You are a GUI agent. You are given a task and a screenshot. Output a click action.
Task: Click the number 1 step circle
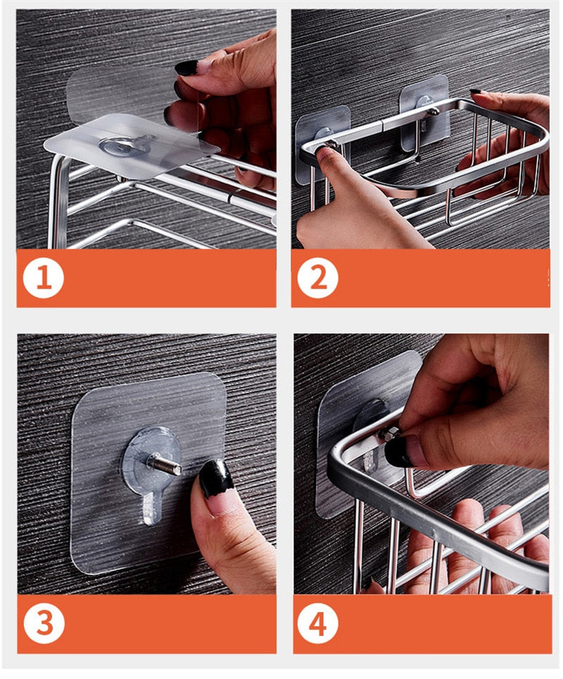click(x=43, y=277)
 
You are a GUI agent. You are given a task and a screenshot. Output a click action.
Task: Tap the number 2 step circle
click(x=317, y=277)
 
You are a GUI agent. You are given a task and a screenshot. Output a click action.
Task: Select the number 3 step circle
click(x=44, y=623)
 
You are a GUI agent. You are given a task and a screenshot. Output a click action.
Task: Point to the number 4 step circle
click(x=317, y=624)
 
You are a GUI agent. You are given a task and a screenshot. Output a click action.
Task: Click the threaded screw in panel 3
click(x=165, y=464)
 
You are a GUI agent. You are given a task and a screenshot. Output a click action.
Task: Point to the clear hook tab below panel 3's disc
click(x=151, y=508)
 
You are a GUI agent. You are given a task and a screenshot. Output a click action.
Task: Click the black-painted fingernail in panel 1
click(x=186, y=68)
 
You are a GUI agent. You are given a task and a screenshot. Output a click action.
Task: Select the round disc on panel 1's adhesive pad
click(x=123, y=145)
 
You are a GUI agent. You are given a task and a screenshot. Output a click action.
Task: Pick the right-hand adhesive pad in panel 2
click(x=424, y=113)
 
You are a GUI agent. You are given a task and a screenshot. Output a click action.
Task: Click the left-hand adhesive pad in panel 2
click(x=322, y=143)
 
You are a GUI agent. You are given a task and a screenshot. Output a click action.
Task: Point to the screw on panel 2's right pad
click(x=432, y=112)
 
